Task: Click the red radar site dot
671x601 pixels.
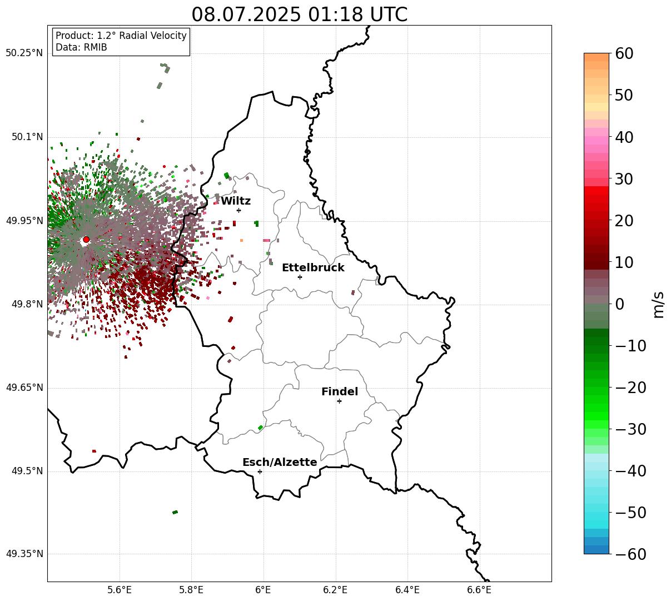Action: point(86,239)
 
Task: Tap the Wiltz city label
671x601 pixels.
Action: point(236,201)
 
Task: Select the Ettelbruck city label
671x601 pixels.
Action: point(313,267)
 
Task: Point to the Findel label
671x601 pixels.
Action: point(340,391)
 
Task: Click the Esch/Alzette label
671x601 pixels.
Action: point(280,462)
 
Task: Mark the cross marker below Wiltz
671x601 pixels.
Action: point(238,210)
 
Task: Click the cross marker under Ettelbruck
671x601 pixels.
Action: point(300,277)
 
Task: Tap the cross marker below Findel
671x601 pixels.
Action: point(339,401)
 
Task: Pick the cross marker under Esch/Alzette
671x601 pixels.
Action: point(260,471)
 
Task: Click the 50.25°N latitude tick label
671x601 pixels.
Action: point(24,53)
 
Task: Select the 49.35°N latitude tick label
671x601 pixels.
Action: point(24,554)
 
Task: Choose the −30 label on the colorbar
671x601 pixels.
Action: point(630,429)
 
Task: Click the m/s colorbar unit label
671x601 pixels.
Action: point(658,304)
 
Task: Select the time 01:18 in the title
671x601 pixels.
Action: point(336,14)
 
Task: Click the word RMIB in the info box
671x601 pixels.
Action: point(95,47)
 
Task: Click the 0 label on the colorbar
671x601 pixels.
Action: point(619,304)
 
